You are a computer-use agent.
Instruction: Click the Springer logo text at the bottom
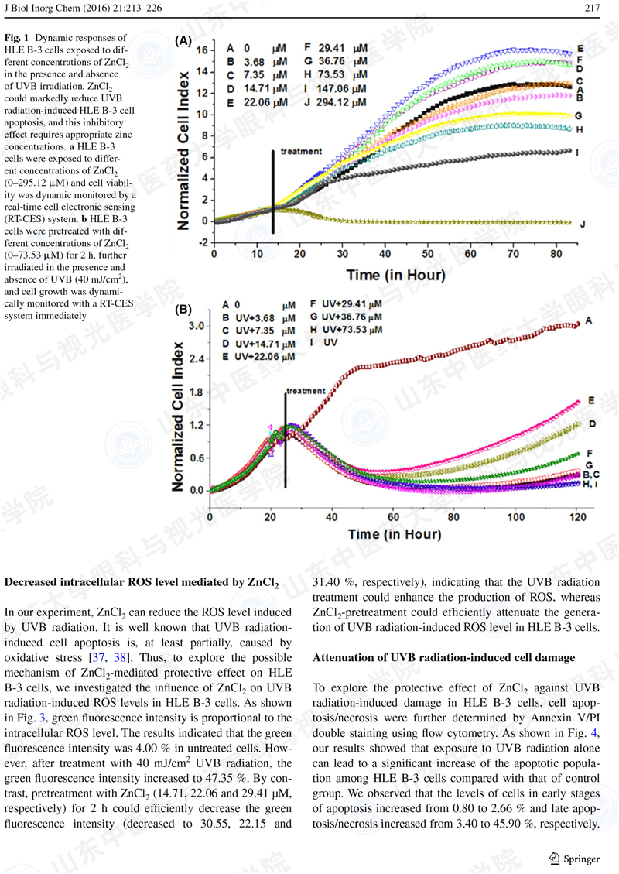pyautogui.click(x=581, y=858)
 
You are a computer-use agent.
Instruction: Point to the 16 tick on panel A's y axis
pyautogui.click(x=200, y=50)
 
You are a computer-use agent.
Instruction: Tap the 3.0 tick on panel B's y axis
pyautogui.click(x=196, y=326)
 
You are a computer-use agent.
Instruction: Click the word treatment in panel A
pyautogui.click(x=301, y=151)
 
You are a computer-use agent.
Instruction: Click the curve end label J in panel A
pyautogui.click(x=583, y=224)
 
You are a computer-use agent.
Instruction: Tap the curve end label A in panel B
pyautogui.click(x=589, y=320)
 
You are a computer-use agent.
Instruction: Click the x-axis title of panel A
pyautogui.click(x=395, y=275)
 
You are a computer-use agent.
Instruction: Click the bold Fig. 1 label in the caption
pyautogui.click(x=19, y=37)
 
